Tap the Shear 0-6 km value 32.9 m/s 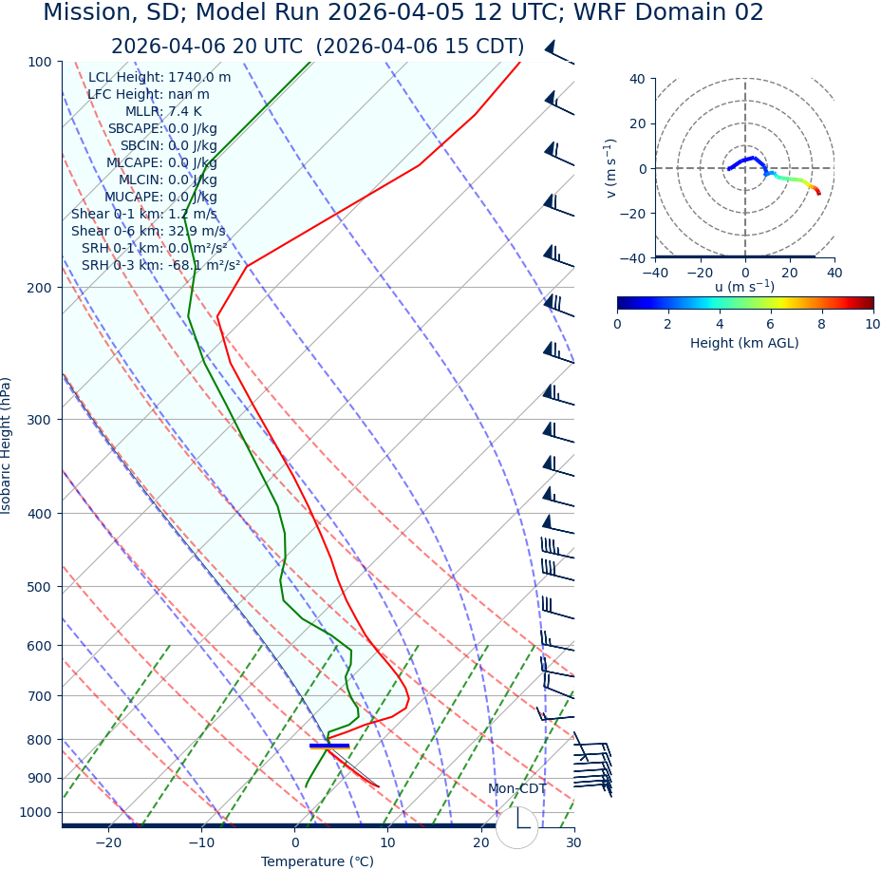[x=197, y=232]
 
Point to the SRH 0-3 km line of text [x=160, y=266]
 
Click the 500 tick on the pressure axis [x=39, y=587]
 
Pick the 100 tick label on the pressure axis [x=39, y=62]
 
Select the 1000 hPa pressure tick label [x=36, y=812]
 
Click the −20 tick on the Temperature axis [x=108, y=843]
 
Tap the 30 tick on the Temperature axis [x=573, y=843]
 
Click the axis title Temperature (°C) [x=317, y=862]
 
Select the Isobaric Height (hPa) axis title [x=7, y=445]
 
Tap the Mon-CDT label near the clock [x=517, y=789]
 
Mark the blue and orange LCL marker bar [x=329, y=746]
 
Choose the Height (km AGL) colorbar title [x=744, y=343]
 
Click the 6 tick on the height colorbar [x=771, y=324]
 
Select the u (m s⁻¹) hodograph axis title [x=744, y=287]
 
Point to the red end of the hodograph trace [x=817, y=193]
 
